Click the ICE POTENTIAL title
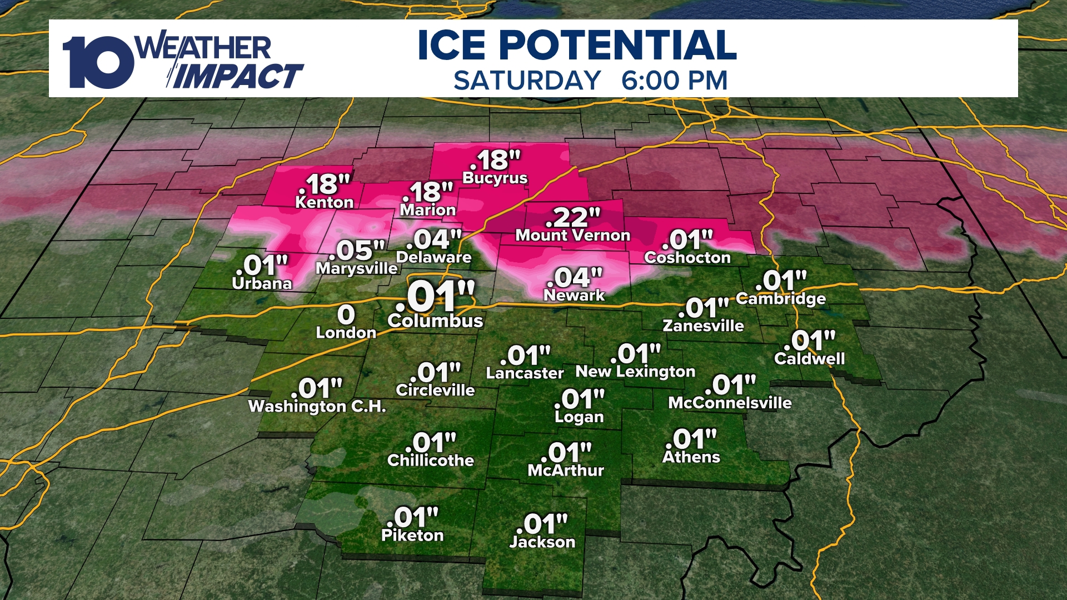[577, 45]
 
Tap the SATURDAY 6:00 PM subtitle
[590, 81]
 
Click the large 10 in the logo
[98, 62]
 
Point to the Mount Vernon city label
[572, 236]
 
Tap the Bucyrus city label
[495, 178]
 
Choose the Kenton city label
[324, 202]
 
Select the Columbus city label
[435, 321]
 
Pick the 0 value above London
[346, 315]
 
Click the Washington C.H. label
[317, 407]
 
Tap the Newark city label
[574, 296]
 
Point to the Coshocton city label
[687, 258]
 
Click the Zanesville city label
[703, 326]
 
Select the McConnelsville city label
[730, 403]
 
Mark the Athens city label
[691, 457]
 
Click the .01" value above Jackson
[545, 524]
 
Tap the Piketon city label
[412, 536]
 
